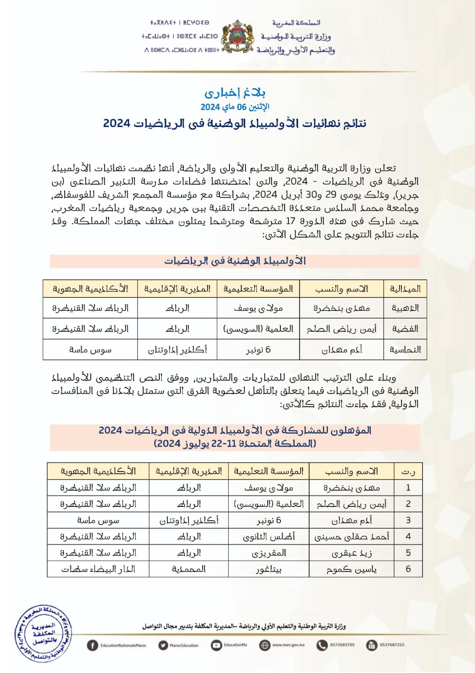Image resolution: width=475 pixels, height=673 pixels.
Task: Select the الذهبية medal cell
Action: click(x=405, y=308)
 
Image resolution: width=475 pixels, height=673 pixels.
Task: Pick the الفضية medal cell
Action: click(x=405, y=329)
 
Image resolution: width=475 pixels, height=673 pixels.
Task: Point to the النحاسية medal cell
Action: click(x=405, y=350)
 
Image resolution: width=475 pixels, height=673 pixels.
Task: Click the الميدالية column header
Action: click(x=405, y=289)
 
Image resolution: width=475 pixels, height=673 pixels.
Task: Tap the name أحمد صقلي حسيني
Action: click(x=351, y=537)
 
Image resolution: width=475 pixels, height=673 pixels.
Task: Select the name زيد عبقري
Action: click(x=351, y=553)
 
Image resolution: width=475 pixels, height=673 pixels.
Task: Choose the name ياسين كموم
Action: click(x=351, y=569)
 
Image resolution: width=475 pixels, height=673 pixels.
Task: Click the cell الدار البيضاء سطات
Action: click(x=98, y=569)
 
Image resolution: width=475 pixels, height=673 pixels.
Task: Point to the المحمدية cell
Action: click(x=189, y=569)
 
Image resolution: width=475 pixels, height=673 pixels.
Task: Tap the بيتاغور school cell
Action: click(x=269, y=569)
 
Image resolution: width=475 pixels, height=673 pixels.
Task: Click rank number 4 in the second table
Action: click(x=408, y=537)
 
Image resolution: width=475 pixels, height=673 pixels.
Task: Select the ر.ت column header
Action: click(x=408, y=472)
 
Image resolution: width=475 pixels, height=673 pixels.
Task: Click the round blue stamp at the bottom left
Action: click(x=43, y=633)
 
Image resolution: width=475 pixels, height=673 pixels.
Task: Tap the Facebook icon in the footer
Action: click(x=92, y=645)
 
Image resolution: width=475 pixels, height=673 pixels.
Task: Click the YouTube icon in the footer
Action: click(x=216, y=645)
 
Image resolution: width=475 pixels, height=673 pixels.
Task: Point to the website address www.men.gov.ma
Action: click(x=288, y=645)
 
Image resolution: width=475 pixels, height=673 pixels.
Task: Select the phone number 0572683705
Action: click(x=342, y=645)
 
